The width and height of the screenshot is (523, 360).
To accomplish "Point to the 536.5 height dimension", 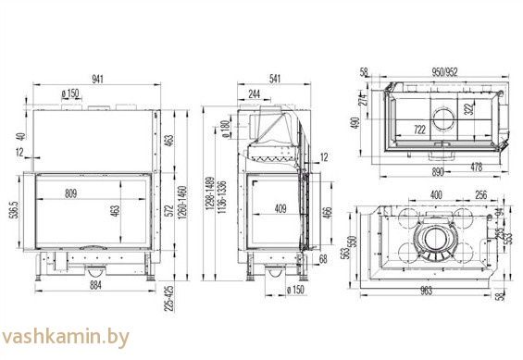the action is (x=13, y=211).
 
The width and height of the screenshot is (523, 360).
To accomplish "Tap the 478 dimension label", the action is (x=477, y=167).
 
